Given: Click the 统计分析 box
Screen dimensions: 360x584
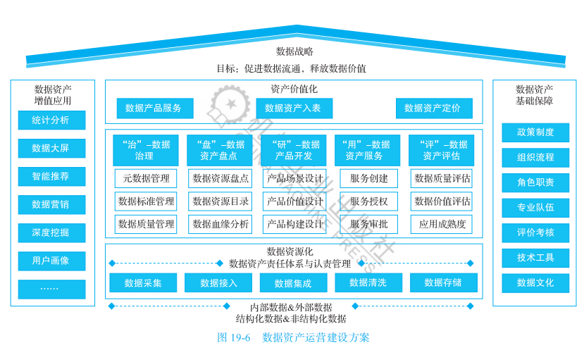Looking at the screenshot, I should coord(51,120).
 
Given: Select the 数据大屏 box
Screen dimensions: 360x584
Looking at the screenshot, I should coord(51,149).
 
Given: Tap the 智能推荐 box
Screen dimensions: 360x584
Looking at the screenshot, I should coord(51,176).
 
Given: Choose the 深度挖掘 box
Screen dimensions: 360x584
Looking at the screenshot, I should coord(51,232).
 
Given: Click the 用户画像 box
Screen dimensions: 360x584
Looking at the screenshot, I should coord(51,261).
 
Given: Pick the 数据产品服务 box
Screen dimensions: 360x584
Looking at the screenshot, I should coord(154,108).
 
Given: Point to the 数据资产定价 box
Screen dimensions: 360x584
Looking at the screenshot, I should coord(433,108).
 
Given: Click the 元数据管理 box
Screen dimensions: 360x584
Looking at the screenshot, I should coord(146,179).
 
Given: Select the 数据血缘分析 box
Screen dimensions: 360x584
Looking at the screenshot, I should coord(220,225).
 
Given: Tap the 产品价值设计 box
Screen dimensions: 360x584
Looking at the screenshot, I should coord(295,201).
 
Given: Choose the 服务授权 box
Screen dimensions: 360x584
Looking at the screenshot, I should coord(368,201).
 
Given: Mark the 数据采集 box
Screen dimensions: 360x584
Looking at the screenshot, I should coord(143,283).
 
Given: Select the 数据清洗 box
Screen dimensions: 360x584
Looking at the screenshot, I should coord(367,283).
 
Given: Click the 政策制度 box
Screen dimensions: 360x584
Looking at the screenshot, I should coord(535,132).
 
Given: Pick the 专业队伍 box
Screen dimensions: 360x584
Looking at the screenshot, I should coord(535,208).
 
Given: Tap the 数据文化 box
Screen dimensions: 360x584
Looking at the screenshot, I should coord(535,283).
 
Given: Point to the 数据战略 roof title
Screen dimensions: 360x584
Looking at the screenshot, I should coord(294,51).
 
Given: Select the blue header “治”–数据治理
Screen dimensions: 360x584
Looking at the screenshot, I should coord(147,150).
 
